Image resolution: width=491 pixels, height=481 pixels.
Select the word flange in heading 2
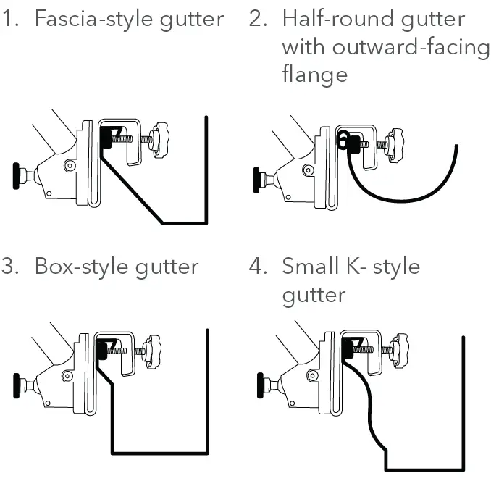pyautogui.click(x=314, y=74)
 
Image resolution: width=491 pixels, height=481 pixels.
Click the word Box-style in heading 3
pyautogui.click(x=85, y=267)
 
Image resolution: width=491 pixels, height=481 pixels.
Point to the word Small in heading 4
pyautogui.click(x=310, y=267)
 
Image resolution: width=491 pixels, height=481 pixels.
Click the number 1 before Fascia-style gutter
pyautogui.click(x=9, y=19)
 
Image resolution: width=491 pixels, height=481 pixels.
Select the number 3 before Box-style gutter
pyautogui.click(x=9, y=267)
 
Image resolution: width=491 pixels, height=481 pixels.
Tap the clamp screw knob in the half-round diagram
pyautogui.click(x=397, y=141)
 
